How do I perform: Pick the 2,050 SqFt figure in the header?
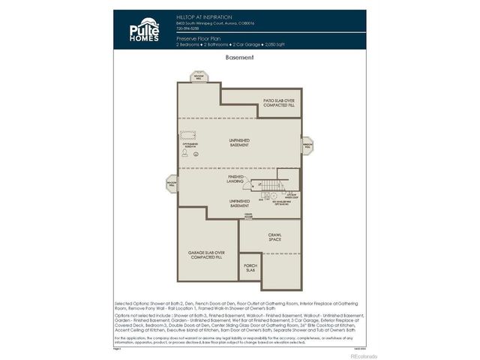(274, 43)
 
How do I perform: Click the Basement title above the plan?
(239, 57)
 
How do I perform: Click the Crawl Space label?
(275, 237)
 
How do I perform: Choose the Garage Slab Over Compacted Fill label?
(207, 255)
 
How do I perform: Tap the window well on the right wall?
(307, 144)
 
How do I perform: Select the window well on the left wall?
(172, 182)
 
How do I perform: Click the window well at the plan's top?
(199, 76)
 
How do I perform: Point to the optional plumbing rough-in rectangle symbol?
(187, 134)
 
